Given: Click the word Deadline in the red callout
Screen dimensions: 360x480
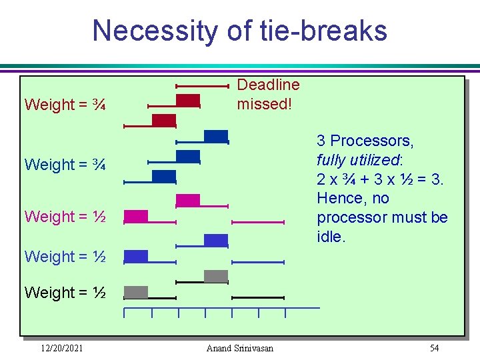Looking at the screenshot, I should click(x=268, y=85).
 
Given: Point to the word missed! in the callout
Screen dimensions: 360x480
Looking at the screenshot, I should click(x=264, y=105).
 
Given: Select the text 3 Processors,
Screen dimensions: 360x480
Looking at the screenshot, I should click(x=365, y=141).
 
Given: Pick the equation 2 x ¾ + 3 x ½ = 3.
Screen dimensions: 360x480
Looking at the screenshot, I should click(x=380, y=179).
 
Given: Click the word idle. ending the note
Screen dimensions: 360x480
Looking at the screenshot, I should click(x=331, y=237).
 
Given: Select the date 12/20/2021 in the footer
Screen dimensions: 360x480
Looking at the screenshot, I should click(x=61, y=348).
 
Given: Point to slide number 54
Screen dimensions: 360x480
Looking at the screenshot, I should click(x=434, y=348).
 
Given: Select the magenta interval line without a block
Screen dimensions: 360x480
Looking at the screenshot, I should click(x=258, y=222).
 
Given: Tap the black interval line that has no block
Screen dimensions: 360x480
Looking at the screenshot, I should click(x=258, y=297).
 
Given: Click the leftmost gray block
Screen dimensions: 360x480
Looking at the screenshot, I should click(x=136, y=292).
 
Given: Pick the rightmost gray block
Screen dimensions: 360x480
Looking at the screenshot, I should click(x=215, y=276).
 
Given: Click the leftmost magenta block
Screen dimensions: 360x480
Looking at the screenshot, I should click(x=136, y=216).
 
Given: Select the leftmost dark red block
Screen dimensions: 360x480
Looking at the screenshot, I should click(x=163, y=120).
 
